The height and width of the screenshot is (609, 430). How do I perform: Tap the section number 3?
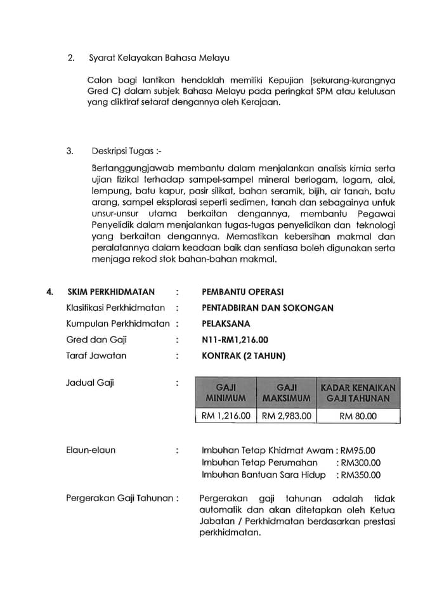[70, 152]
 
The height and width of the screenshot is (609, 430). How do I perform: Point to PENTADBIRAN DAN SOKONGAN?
[267, 308]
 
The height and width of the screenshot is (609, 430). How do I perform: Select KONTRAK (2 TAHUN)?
[244, 355]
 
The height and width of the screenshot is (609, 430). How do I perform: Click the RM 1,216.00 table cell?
[226, 416]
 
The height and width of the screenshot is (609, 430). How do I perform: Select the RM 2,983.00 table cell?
[287, 416]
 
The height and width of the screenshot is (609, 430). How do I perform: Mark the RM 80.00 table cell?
[358, 416]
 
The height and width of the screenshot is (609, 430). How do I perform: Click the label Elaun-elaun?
[91, 450]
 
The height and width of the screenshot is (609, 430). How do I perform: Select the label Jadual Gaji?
[90, 383]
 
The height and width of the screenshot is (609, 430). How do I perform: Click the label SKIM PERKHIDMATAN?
[111, 292]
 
